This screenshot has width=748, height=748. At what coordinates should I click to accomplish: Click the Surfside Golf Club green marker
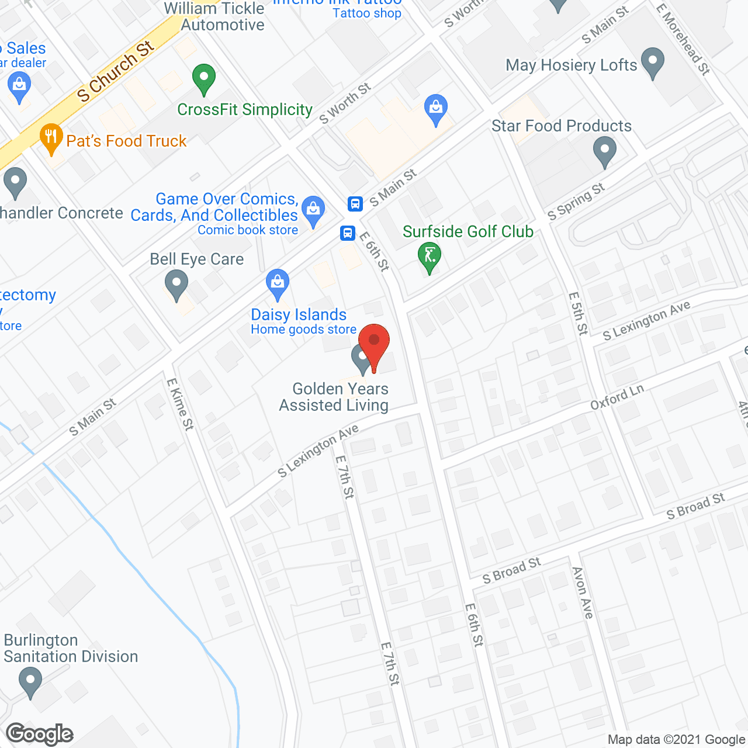click(430, 257)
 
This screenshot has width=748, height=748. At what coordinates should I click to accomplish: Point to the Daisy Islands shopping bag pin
click(278, 285)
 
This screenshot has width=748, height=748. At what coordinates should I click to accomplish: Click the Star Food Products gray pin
click(605, 151)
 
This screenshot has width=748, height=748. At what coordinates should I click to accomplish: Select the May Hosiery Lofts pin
click(653, 63)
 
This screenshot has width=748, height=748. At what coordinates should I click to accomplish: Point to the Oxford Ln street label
click(617, 397)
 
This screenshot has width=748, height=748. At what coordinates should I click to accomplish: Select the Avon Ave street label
click(583, 593)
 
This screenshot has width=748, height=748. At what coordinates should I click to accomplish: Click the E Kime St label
click(180, 404)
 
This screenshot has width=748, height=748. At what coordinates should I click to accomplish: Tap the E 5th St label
click(578, 313)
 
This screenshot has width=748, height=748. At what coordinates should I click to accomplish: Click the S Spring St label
click(576, 202)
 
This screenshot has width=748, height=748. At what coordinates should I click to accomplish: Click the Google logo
click(40, 734)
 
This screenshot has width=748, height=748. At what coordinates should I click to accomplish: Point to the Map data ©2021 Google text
click(676, 740)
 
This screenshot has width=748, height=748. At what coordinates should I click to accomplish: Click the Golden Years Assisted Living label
click(334, 397)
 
